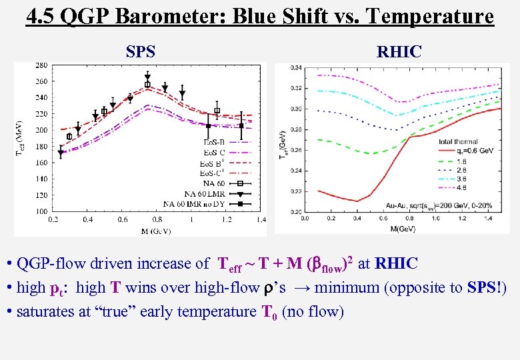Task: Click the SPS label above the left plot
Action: (x=141, y=51)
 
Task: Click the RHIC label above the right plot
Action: (x=399, y=51)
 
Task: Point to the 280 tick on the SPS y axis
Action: (x=41, y=65)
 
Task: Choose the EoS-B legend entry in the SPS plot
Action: (x=215, y=142)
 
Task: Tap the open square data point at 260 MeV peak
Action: (x=147, y=85)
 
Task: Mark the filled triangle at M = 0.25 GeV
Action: (x=61, y=153)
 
